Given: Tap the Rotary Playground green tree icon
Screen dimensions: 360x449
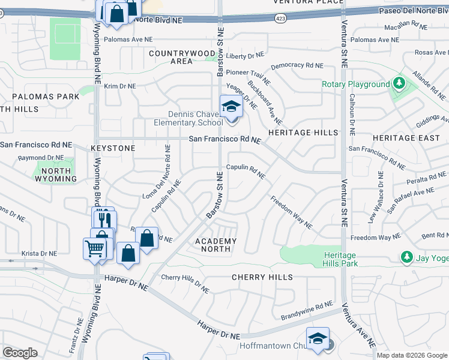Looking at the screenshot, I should (x=399, y=84).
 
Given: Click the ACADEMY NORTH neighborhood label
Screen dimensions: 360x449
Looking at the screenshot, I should (x=215, y=245).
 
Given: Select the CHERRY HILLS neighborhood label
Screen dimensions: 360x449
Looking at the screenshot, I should (x=263, y=277).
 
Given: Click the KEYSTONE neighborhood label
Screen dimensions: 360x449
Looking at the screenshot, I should (x=113, y=148).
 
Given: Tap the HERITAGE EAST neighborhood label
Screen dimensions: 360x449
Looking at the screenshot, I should (x=402, y=138).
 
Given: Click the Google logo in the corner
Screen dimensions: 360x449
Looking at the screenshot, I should (x=20, y=352).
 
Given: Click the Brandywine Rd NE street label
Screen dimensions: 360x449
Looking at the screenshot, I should (x=306, y=311).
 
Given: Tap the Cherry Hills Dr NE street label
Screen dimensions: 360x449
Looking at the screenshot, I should (x=185, y=284).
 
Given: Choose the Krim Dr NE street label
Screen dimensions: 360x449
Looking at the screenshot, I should (x=120, y=86).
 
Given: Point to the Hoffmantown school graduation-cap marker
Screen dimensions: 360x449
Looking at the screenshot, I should (x=318, y=339).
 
